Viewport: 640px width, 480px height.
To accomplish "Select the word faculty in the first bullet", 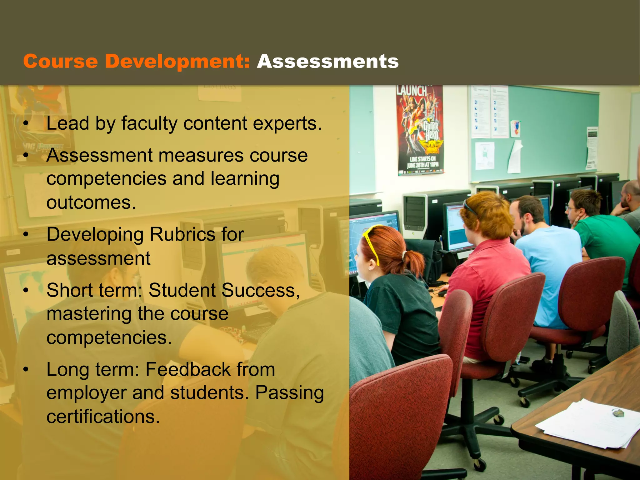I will tap(150, 123).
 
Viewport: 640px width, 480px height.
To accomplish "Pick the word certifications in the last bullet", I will tap(103, 417).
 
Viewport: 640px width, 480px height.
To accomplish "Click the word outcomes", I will tap(91, 202).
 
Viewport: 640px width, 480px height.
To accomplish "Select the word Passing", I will tap(289, 393).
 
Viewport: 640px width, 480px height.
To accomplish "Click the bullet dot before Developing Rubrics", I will tap(26, 234).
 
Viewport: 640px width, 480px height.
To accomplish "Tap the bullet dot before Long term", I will tap(26, 369).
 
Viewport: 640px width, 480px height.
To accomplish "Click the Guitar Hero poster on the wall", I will tap(420, 130).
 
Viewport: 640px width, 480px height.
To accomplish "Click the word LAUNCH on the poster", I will tap(412, 91).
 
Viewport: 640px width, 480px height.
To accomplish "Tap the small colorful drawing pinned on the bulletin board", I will tap(516, 128).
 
